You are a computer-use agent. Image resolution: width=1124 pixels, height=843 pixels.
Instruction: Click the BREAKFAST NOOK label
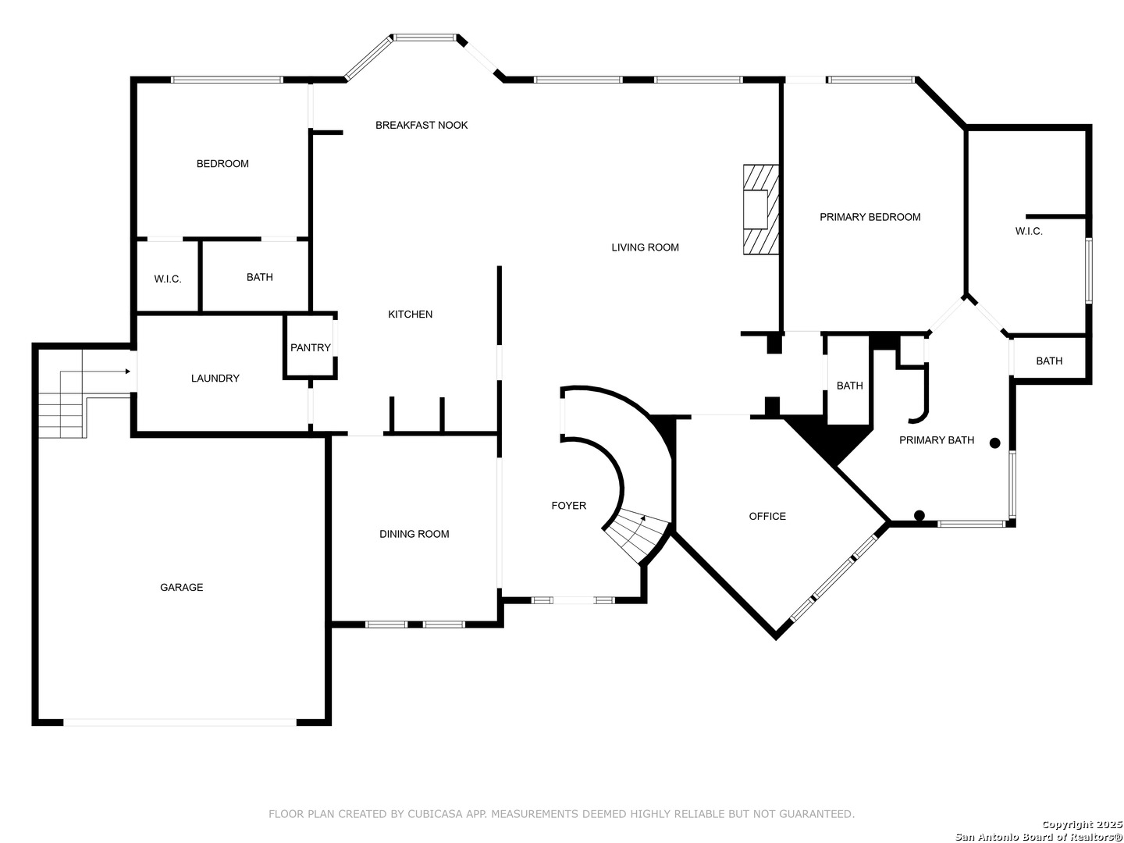coord(421,125)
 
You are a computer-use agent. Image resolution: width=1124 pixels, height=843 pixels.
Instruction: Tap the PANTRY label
coord(311,347)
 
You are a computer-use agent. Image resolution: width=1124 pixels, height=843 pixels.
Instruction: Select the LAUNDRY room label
coord(215,379)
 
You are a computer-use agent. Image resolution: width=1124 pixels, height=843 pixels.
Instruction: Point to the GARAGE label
coord(181,587)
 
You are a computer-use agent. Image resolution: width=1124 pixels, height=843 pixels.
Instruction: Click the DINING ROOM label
coord(414,534)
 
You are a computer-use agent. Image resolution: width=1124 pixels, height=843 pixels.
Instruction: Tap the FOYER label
coord(568,505)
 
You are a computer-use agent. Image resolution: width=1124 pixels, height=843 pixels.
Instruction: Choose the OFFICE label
coord(767,516)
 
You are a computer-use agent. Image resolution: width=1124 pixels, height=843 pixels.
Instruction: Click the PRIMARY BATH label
coord(936,439)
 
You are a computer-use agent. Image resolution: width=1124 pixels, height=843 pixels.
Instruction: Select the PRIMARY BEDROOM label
coord(870,217)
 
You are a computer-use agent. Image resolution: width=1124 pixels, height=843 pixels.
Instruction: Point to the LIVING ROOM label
coord(645,247)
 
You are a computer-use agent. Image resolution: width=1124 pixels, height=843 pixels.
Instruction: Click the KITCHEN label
coord(410,315)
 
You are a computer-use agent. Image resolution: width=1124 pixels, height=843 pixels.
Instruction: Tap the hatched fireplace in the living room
coord(760,209)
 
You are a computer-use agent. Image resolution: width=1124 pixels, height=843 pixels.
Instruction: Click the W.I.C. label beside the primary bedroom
coord(1029,231)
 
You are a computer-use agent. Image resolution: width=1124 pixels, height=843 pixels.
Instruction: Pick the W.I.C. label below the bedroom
coord(168,279)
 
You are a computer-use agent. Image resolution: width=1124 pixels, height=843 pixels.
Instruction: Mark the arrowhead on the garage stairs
coord(127,371)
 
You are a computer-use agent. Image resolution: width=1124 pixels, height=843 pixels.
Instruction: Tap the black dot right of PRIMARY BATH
coord(994,443)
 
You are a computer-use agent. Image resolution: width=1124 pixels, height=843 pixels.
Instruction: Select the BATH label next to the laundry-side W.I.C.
coord(259,277)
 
